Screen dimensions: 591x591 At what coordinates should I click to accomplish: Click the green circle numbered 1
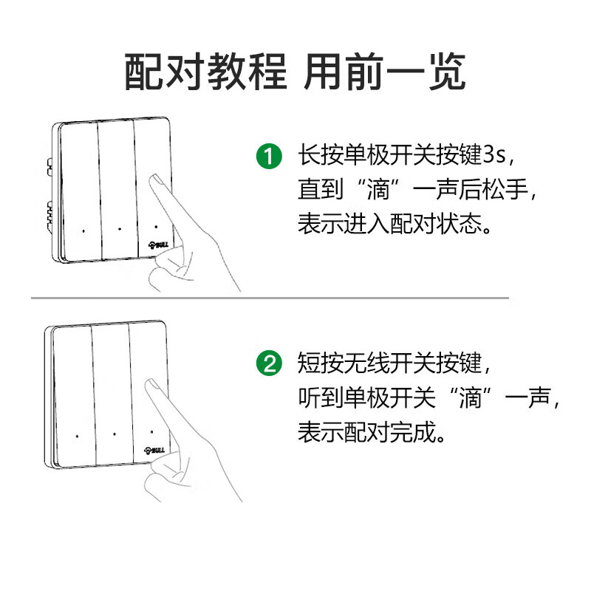point(269,157)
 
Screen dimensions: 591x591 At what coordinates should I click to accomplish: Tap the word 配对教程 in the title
point(205,72)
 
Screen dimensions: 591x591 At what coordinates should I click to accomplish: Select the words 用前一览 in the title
point(385,72)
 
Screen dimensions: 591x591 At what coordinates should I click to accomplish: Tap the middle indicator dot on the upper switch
point(120,228)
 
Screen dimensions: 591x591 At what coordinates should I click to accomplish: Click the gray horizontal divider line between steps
point(270,298)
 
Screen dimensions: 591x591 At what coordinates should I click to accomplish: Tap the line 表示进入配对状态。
point(395,223)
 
